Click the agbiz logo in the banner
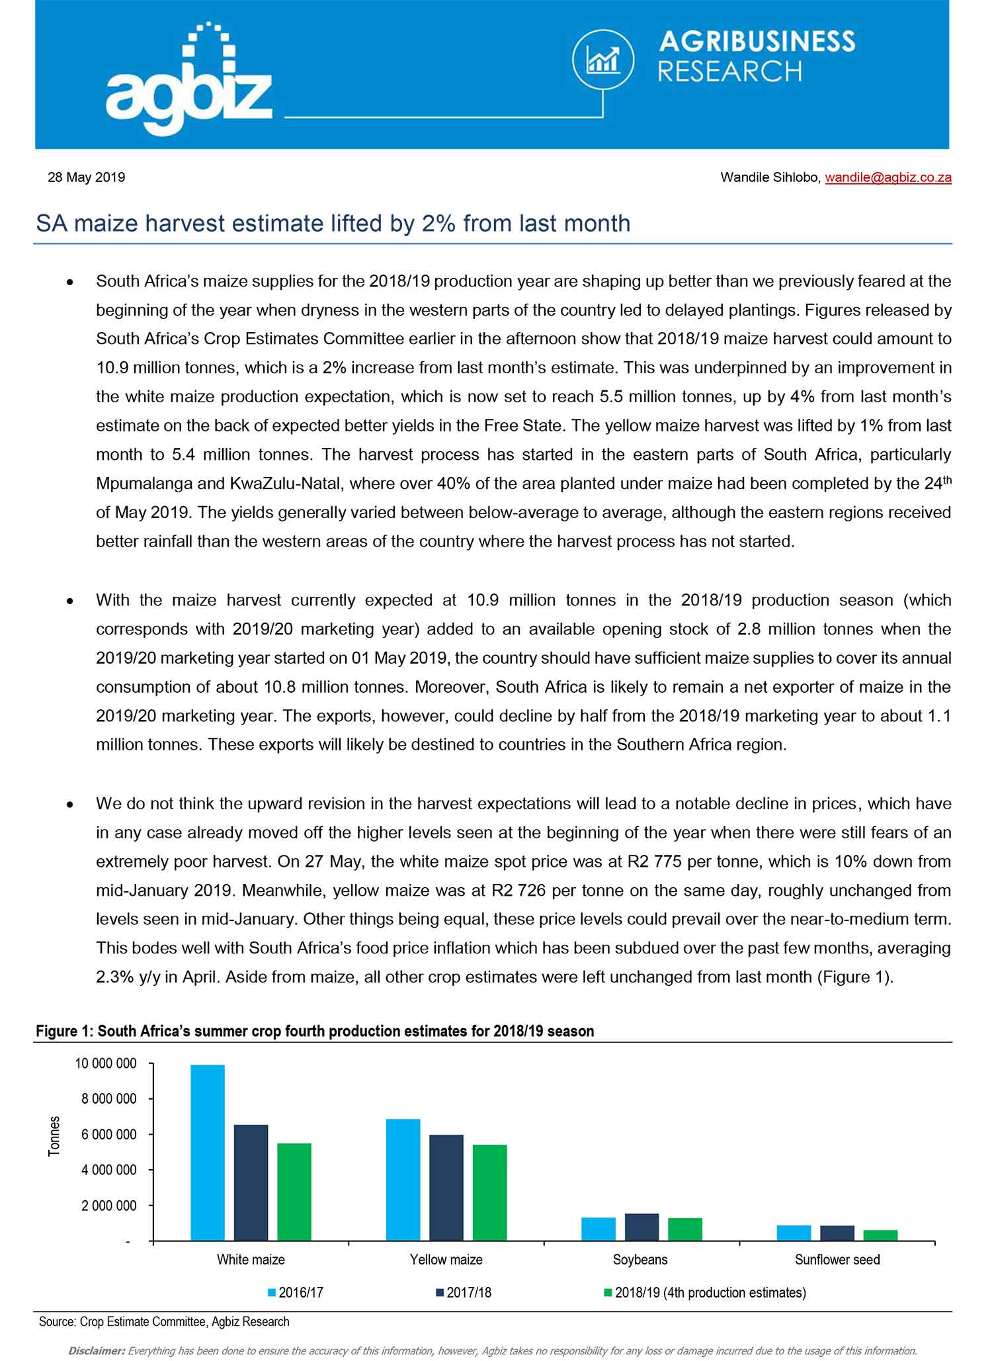pos(188,83)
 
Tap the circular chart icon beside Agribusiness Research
pos(602,61)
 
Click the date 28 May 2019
pos(86,177)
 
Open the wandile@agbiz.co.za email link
pos(888,177)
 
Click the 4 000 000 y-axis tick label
pos(109,1170)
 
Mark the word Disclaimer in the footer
pos(97,1350)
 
